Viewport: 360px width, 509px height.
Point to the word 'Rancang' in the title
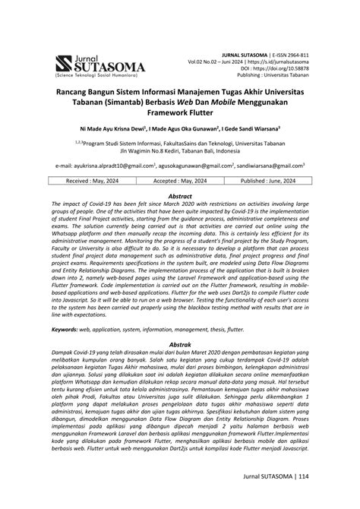tap(72, 90)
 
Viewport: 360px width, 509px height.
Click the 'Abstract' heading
tap(179, 195)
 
